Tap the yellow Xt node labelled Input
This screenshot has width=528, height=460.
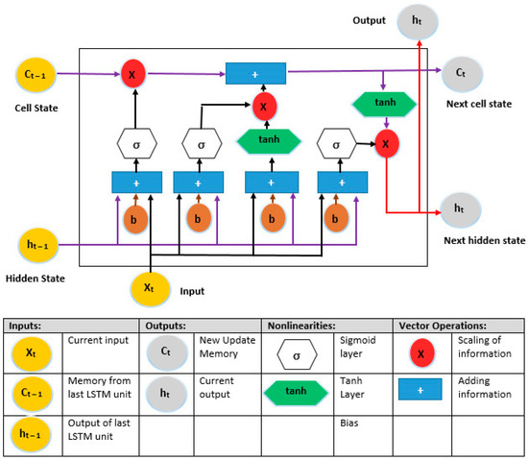149,287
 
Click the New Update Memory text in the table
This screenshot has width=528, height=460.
228,353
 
